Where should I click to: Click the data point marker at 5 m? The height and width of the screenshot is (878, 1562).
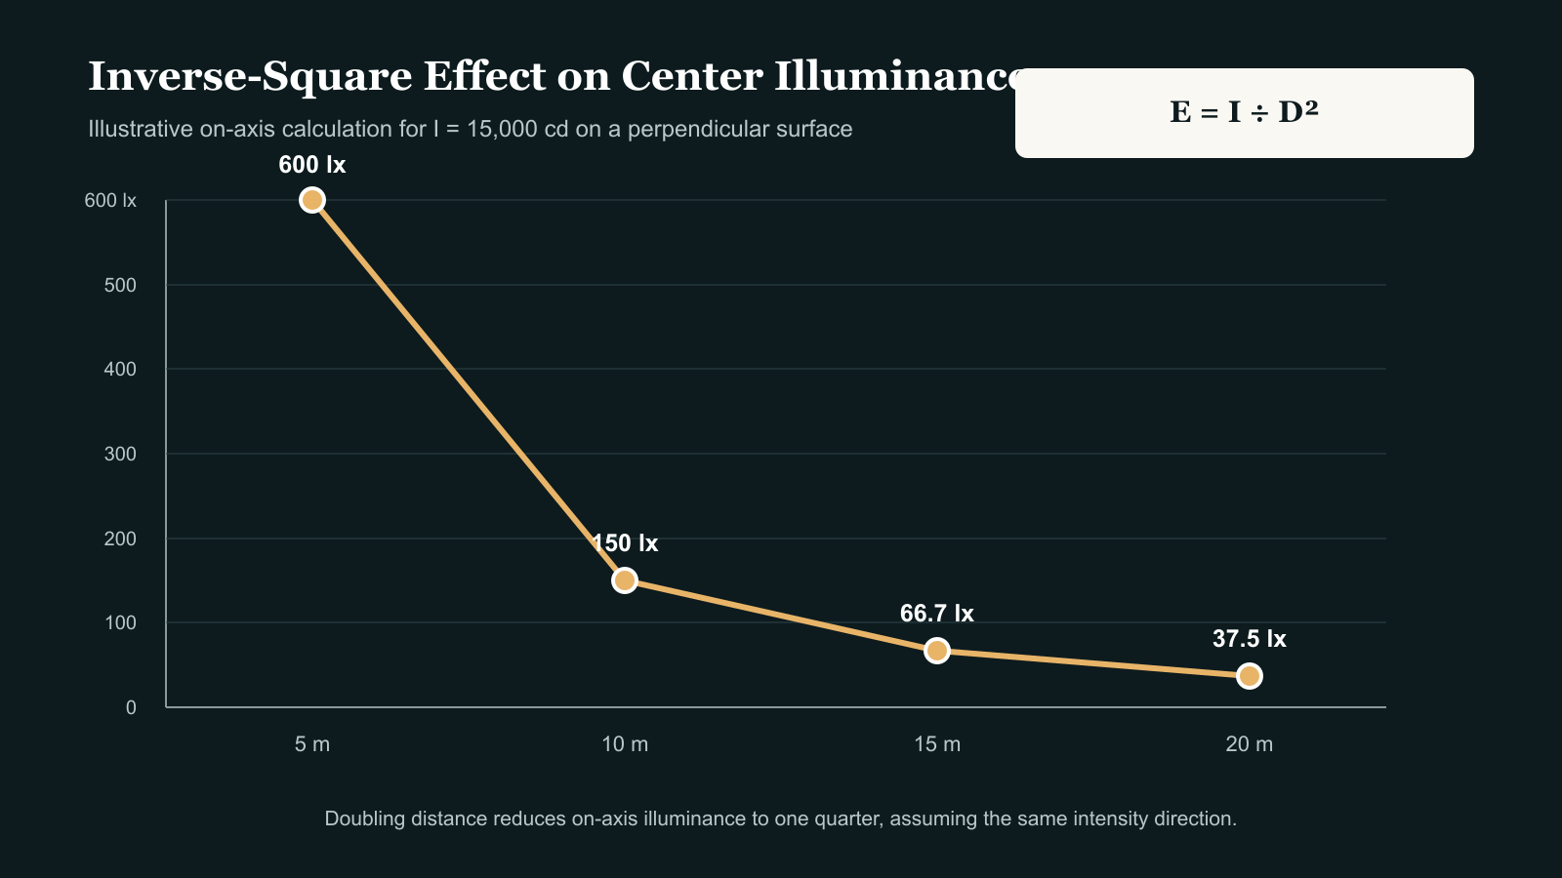(x=311, y=200)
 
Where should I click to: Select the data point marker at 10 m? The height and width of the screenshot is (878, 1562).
(x=624, y=579)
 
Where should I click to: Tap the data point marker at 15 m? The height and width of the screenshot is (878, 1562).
(x=936, y=650)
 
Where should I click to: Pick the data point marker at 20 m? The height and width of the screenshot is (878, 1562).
(x=1249, y=676)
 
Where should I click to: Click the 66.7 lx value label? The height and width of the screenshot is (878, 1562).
(x=936, y=614)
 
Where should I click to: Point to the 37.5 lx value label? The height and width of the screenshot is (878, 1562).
(x=1249, y=639)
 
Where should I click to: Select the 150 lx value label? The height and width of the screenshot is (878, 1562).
(x=624, y=542)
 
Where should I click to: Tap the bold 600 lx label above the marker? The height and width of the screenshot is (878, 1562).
(x=311, y=165)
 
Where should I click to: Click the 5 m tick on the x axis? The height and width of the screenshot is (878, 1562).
(x=311, y=744)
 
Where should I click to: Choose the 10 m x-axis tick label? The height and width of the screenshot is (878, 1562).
(x=624, y=744)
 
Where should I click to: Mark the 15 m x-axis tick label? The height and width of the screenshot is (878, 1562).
(x=936, y=744)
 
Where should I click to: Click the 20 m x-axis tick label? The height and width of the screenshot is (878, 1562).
(x=1249, y=744)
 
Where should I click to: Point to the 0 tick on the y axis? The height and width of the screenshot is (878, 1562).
(x=131, y=707)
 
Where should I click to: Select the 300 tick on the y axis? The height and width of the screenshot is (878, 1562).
(x=120, y=454)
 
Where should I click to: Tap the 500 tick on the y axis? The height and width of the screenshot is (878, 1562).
(x=120, y=285)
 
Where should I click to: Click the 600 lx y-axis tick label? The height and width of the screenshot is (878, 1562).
(x=110, y=201)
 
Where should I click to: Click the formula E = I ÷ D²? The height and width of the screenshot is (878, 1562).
(x=1244, y=112)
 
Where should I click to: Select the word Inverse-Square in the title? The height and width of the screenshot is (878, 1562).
(x=250, y=77)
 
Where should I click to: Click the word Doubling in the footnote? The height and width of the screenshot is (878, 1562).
(x=365, y=818)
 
